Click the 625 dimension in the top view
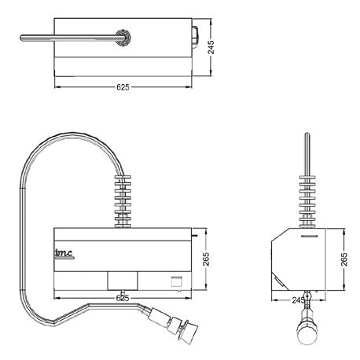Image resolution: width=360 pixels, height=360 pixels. click(123, 87)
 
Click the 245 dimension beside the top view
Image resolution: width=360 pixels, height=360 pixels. click(211, 47)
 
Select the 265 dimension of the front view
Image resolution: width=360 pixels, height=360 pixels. click(206, 259)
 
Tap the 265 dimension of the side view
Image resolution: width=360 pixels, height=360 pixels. click(344, 259)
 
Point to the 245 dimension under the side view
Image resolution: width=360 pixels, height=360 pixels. click(299, 300)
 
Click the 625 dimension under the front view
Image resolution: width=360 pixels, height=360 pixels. click(123, 298)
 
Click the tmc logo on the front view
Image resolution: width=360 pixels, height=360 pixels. click(64, 254)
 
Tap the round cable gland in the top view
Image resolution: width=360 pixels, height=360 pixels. click(123, 38)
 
